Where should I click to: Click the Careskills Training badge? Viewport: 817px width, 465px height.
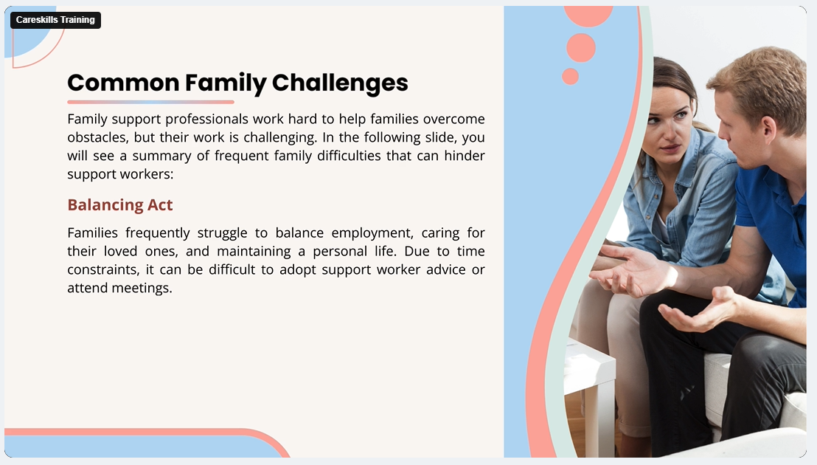pos(55,21)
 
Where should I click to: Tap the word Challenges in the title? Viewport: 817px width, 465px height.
pos(340,83)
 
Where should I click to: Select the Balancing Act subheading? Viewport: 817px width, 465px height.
pos(120,205)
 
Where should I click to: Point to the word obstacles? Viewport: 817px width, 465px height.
pos(97,137)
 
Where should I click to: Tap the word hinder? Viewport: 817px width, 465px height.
pos(465,156)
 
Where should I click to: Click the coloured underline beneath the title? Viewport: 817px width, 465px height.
pos(150,102)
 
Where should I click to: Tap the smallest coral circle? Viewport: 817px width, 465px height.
pos(570,76)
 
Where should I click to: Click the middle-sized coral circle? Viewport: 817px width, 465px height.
pos(581,48)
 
